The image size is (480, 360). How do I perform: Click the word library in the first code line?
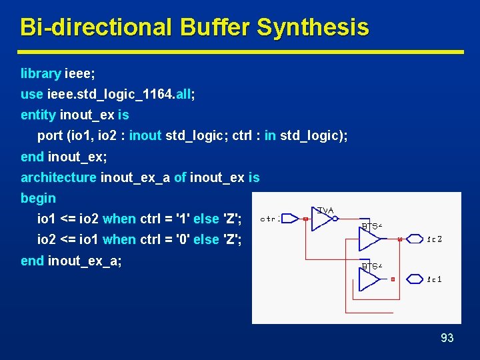pyautogui.click(x=41, y=73)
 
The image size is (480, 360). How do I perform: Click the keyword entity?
pyautogui.click(x=38, y=115)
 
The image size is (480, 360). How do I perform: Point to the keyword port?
pyautogui.click(x=50, y=135)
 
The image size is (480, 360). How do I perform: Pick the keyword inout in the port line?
pyautogui.click(x=145, y=135)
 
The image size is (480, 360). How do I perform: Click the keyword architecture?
pyautogui.click(x=58, y=177)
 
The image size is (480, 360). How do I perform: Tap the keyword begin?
pyautogui.click(x=38, y=198)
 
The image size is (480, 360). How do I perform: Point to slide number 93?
pyautogui.click(x=447, y=338)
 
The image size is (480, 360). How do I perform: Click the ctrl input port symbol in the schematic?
pyautogui.click(x=289, y=219)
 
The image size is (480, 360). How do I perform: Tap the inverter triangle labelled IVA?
pyautogui.click(x=322, y=219)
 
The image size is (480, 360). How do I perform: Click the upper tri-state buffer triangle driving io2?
pyautogui.click(x=369, y=239)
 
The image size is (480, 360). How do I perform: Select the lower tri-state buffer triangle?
pyautogui.click(x=369, y=279)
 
